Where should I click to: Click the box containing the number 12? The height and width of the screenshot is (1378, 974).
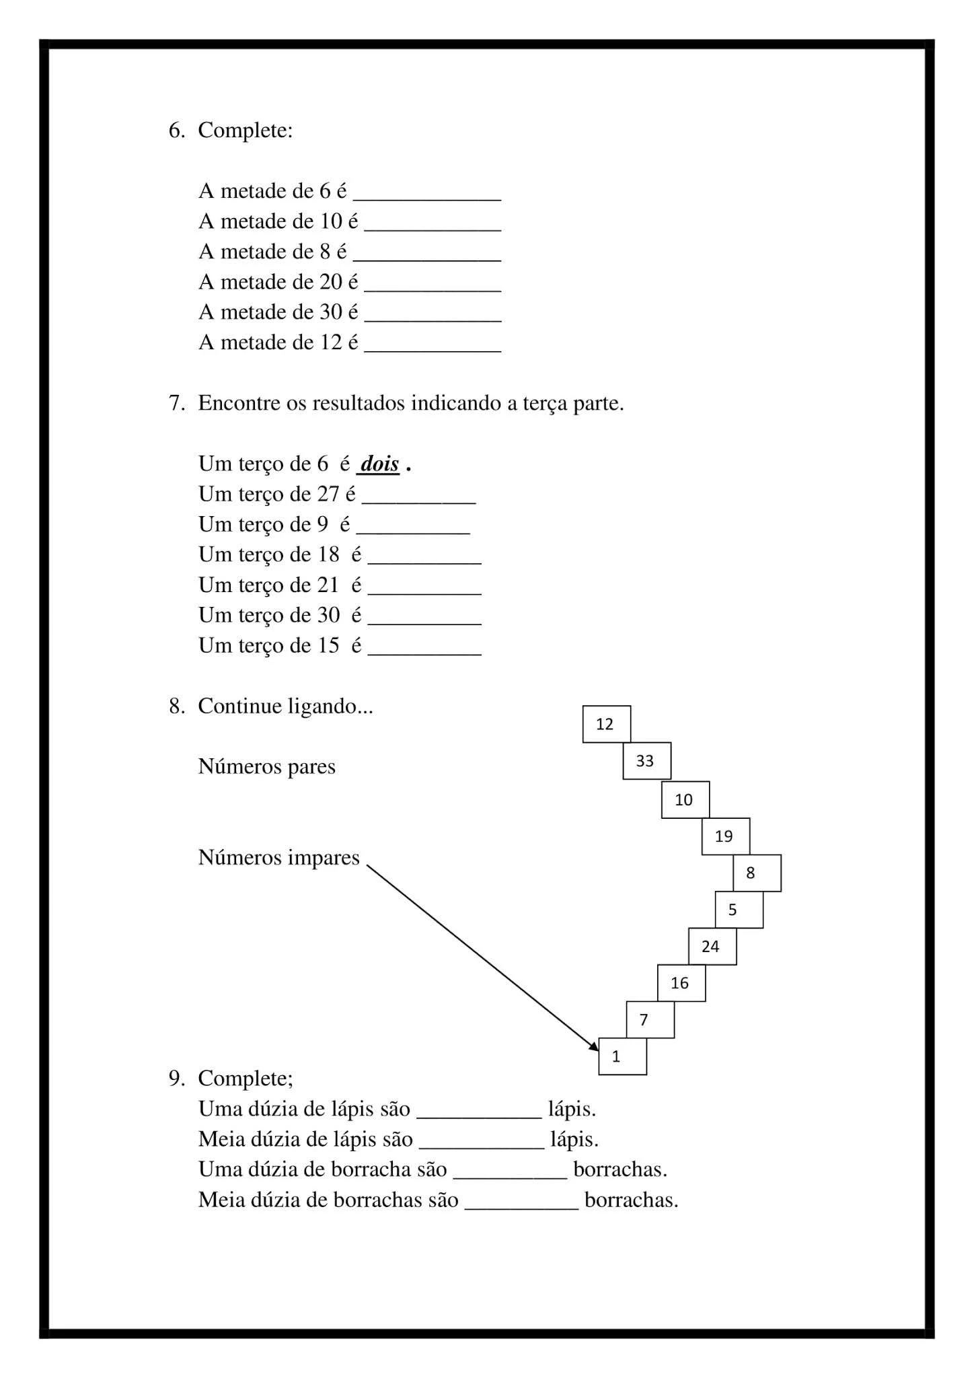click(606, 724)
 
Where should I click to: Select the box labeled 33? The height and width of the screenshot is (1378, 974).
click(646, 761)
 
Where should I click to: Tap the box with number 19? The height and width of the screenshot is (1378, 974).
click(725, 836)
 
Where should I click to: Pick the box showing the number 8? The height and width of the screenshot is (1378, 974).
click(757, 873)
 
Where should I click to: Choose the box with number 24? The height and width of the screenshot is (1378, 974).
click(712, 947)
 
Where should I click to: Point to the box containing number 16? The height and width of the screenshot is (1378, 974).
click(681, 983)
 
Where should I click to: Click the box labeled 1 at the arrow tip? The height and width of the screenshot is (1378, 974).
click(622, 1056)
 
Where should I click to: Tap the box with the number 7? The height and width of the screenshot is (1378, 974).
click(650, 1020)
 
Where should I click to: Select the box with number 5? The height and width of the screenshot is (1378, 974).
click(739, 910)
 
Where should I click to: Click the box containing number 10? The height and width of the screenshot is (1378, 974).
click(685, 800)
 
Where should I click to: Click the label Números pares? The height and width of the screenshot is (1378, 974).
click(266, 766)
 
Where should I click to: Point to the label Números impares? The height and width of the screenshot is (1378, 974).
click(278, 858)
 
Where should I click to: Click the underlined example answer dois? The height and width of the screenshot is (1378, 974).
click(380, 464)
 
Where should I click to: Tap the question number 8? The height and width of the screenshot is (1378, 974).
click(176, 706)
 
